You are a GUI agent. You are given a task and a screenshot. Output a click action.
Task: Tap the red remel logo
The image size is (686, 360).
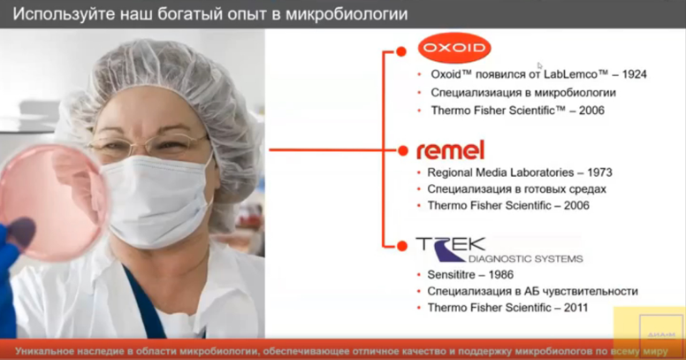(x=450, y=149)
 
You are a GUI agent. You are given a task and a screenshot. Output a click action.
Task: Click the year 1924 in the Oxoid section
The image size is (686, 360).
(x=633, y=74)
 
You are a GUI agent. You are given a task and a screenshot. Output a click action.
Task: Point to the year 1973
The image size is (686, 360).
(x=598, y=172)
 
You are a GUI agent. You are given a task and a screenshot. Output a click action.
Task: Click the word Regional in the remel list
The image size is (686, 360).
(x=451, y=172)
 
